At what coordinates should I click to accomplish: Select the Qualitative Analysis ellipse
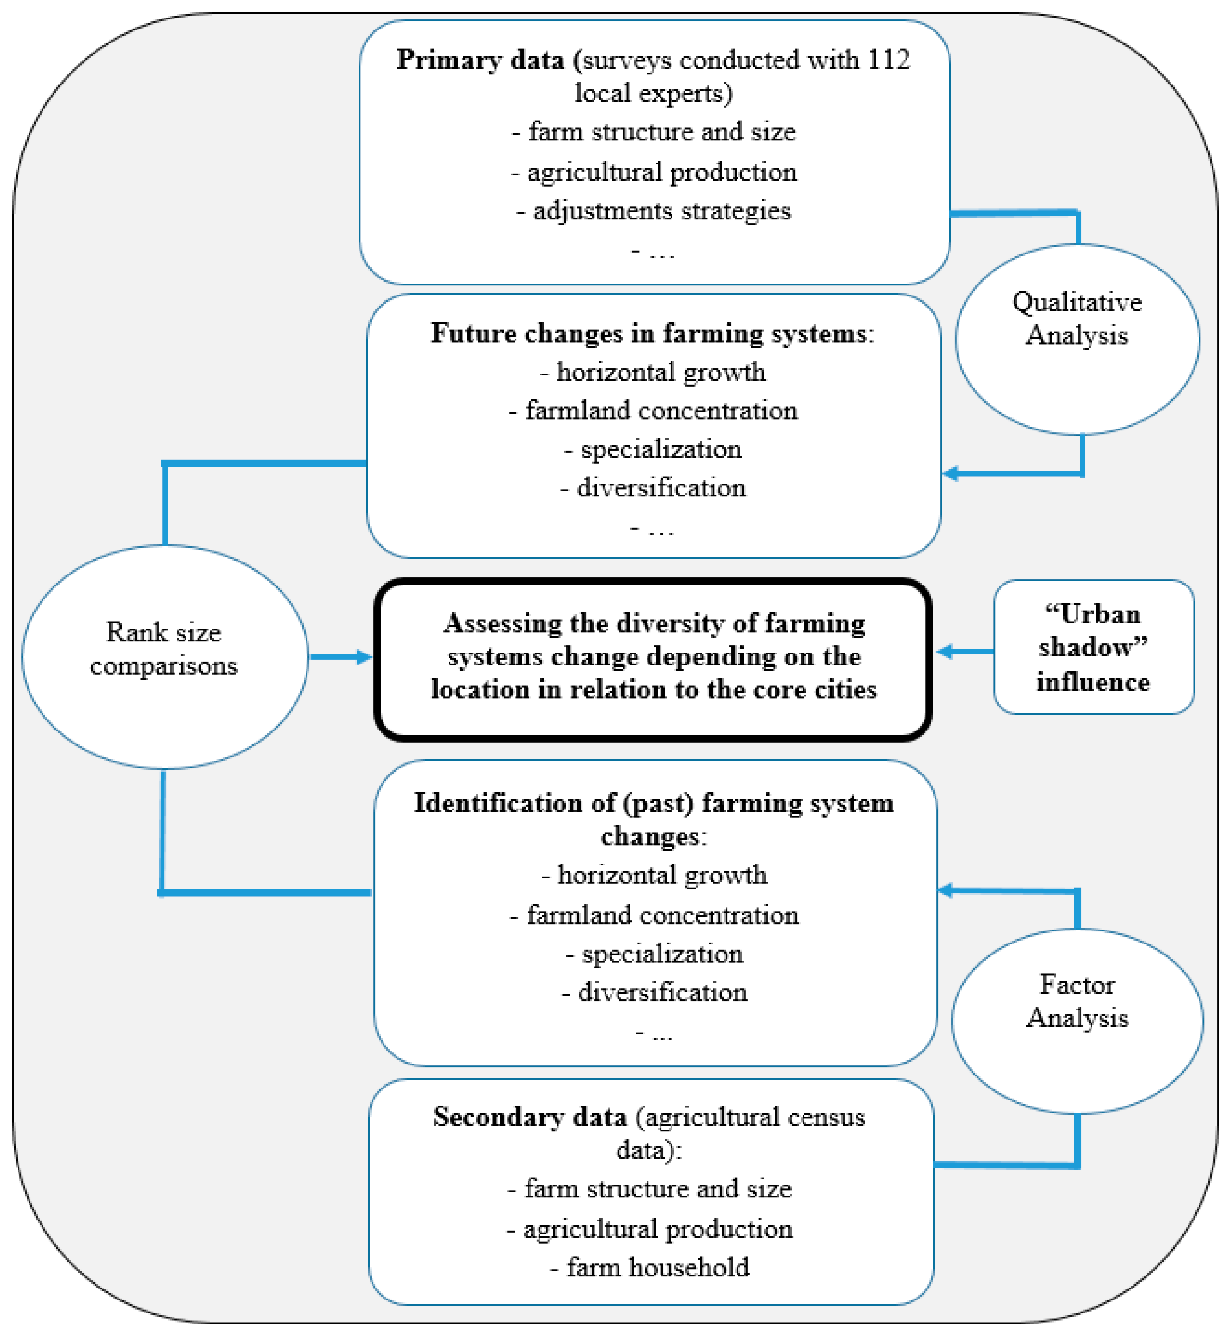[1077, 340]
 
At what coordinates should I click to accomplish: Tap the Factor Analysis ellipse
[1077, 1020]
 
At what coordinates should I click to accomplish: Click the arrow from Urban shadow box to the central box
[965, 651]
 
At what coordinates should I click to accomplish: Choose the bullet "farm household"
[658, 1267]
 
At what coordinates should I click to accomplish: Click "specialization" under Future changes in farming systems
[661, 449]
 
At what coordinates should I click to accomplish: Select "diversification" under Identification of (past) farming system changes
[662, 992]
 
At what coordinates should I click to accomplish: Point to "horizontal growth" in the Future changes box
[661, 372]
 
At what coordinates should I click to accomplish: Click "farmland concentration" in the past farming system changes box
[663, 915]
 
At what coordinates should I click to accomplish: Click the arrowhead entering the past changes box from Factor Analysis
[946, 890]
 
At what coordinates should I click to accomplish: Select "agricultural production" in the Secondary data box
[658, 1229]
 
